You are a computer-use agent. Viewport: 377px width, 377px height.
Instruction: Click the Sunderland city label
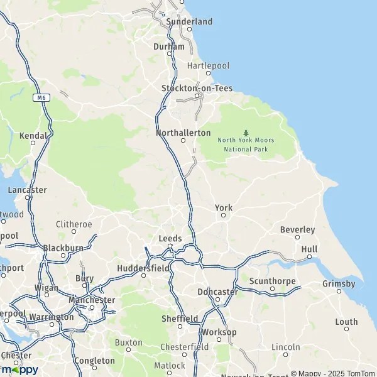[189, 21]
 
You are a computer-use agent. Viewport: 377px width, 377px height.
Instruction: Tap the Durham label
[169, 46]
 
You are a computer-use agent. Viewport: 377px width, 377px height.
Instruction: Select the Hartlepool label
[209, 65]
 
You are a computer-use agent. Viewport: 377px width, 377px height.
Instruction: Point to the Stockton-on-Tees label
[197, 88]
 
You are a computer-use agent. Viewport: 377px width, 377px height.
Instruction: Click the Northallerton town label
[183, 133]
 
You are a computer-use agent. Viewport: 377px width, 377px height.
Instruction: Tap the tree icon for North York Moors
[246, 132]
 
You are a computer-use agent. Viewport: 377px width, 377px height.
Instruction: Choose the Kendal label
[33, 136]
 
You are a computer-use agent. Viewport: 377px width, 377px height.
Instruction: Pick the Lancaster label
[27, 190]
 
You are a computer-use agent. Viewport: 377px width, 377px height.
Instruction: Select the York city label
[224, 208]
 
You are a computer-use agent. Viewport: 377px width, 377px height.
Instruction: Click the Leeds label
[170, 239]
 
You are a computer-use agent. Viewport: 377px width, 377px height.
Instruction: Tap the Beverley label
[297, 230]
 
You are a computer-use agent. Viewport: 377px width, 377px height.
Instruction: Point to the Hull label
[309, 249]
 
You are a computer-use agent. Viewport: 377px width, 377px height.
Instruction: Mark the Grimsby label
[339, 284]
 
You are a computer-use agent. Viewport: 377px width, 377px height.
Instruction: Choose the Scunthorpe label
[271, 281]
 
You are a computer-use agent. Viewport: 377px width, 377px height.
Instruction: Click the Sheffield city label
[180, 319]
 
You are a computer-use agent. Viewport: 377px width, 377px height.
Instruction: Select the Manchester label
[92, 300]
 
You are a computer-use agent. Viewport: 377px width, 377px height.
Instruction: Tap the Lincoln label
[286, 347]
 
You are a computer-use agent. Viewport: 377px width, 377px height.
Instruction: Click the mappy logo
[19, 369]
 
